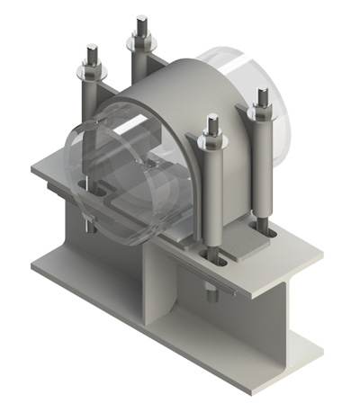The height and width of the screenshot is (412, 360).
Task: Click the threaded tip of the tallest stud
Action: pyautogui.click(x=141, y=22)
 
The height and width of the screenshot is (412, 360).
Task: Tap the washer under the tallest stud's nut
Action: pyautogui.click(x=141, y=43)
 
